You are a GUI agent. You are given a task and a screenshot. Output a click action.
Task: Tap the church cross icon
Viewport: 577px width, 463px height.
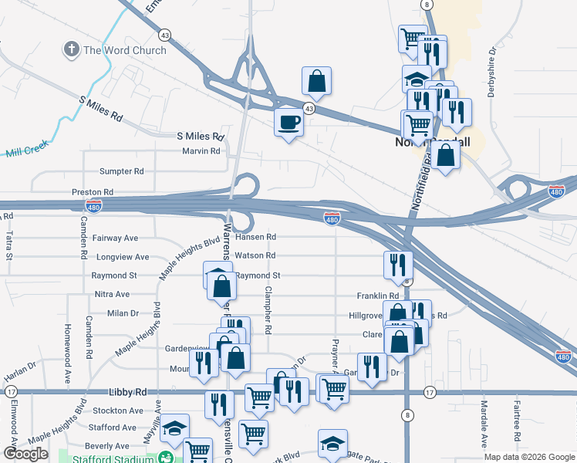point(71,50)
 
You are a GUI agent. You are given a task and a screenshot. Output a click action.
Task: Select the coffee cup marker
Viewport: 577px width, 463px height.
point(289,123)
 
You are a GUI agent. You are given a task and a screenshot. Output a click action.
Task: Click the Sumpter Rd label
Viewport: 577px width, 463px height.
point(122,171)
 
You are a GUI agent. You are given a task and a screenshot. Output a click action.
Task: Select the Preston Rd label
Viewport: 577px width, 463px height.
point(93,191)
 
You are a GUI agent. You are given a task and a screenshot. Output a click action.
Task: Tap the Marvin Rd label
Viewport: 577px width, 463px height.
point(201,151)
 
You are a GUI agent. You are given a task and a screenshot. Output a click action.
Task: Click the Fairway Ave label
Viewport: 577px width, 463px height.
point(115,238)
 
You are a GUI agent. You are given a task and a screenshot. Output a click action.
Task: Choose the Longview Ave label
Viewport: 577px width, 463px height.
point(120,257)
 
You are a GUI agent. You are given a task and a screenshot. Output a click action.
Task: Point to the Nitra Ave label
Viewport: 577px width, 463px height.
point(112,295)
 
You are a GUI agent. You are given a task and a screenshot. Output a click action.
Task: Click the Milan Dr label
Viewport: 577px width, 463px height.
point(123,313)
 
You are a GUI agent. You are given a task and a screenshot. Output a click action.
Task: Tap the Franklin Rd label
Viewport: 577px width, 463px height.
point(377,296)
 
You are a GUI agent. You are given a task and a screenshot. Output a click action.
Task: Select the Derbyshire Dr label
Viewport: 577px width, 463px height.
point(491,73)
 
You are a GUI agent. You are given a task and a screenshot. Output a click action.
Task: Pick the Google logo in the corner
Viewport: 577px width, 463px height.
point(25,454)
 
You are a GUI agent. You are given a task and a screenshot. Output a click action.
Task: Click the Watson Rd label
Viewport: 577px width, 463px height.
point(255,255)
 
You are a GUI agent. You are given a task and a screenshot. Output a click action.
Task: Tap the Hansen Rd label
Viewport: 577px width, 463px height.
point(255,237)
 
